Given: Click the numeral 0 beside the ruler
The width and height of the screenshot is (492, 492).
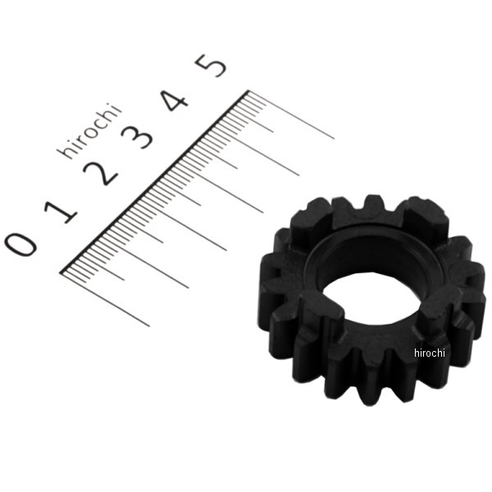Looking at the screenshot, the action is pos(20,244).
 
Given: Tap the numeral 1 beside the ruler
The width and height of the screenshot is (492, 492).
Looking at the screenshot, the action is pos(61,212).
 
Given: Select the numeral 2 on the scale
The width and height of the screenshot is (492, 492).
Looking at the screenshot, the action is pos(100,173).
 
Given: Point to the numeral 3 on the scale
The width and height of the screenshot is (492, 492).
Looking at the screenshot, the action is pos(138,136).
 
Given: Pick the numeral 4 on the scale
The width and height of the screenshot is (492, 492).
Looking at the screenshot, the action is pos(175,100).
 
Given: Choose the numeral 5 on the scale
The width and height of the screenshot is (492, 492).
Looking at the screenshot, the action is pos(211,66).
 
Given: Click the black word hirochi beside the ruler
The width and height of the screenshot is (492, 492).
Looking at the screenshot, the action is pos(89,131).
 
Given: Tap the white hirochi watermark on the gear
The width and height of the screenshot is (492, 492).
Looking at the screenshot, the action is pos(429,353).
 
